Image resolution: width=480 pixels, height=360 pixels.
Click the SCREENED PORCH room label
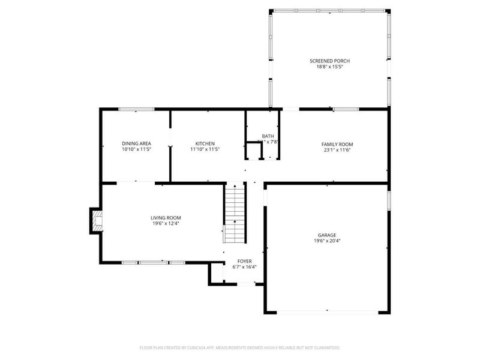[x=329, y=61]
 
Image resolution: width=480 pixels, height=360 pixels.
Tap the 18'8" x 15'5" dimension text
[x=329, y=67]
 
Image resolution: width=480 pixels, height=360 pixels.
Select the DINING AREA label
[x=136, y=143]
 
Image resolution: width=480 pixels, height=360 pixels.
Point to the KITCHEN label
[x=205, y=143]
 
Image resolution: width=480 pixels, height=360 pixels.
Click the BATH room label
[x=268, y=136]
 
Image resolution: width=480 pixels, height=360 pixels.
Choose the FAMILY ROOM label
[x=337, y=144]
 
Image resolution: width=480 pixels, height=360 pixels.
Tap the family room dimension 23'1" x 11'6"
[x=337, y=150]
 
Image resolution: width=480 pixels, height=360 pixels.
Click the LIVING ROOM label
[x=166, y=217]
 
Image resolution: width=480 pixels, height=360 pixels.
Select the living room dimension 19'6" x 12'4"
[x=166, y=223]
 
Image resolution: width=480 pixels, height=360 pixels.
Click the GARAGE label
[x=327, y=235]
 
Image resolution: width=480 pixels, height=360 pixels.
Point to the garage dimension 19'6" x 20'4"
[x=327, y=241]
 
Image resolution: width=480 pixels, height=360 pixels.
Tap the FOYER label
[x=244, y=261]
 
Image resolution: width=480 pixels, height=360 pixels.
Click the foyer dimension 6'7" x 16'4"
[x=244, y=267]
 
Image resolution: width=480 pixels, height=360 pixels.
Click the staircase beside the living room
[x=235, y=213]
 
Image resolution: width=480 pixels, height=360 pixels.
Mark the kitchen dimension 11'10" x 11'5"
[x=205, y=149]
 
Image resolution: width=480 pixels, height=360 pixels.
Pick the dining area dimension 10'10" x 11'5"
[x=136, y=149]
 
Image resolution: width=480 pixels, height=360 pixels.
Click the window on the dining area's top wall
[x=136, y=109]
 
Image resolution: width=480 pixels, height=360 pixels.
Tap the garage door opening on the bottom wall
[x=327, y=311]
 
